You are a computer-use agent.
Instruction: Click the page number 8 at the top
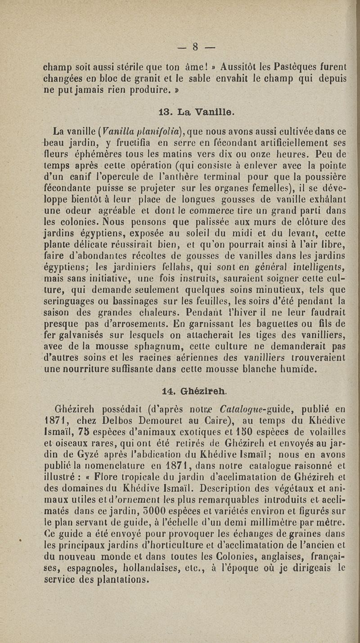(195, 46)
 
